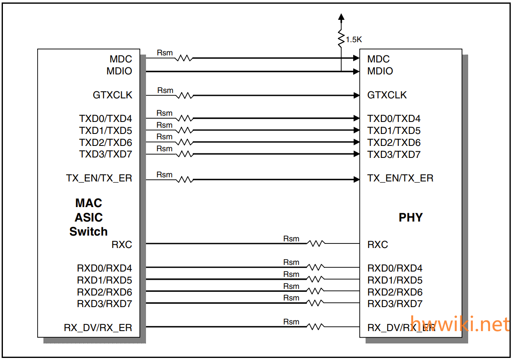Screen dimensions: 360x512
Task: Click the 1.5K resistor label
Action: [354, 40]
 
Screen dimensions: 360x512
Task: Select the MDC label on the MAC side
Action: [121, 59]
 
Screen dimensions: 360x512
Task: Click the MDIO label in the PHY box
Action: [380, 71]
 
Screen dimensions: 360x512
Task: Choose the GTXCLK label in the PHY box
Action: [387, 95]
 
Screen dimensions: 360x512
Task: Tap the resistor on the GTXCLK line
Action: [184, 95]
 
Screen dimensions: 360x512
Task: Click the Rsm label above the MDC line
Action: [165, 53]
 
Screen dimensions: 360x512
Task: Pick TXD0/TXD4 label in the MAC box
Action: [105, 119]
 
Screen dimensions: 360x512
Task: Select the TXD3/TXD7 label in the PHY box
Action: [394, 155]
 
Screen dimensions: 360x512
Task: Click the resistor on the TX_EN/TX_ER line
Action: [184, 180]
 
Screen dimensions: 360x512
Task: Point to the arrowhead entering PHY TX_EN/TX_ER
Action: [356, 179]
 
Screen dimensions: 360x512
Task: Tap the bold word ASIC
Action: [89, 217]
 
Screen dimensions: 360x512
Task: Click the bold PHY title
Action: [410, 217]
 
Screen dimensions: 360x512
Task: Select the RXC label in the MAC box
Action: [122, 245]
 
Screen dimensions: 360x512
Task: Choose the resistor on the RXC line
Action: [316, 243]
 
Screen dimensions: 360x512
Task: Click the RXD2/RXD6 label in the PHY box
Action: [395, 292]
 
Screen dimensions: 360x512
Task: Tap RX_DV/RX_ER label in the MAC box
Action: [98, 328]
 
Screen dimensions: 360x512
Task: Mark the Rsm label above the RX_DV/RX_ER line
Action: [291, 322]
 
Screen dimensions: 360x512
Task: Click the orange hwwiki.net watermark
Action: [460, 324]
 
